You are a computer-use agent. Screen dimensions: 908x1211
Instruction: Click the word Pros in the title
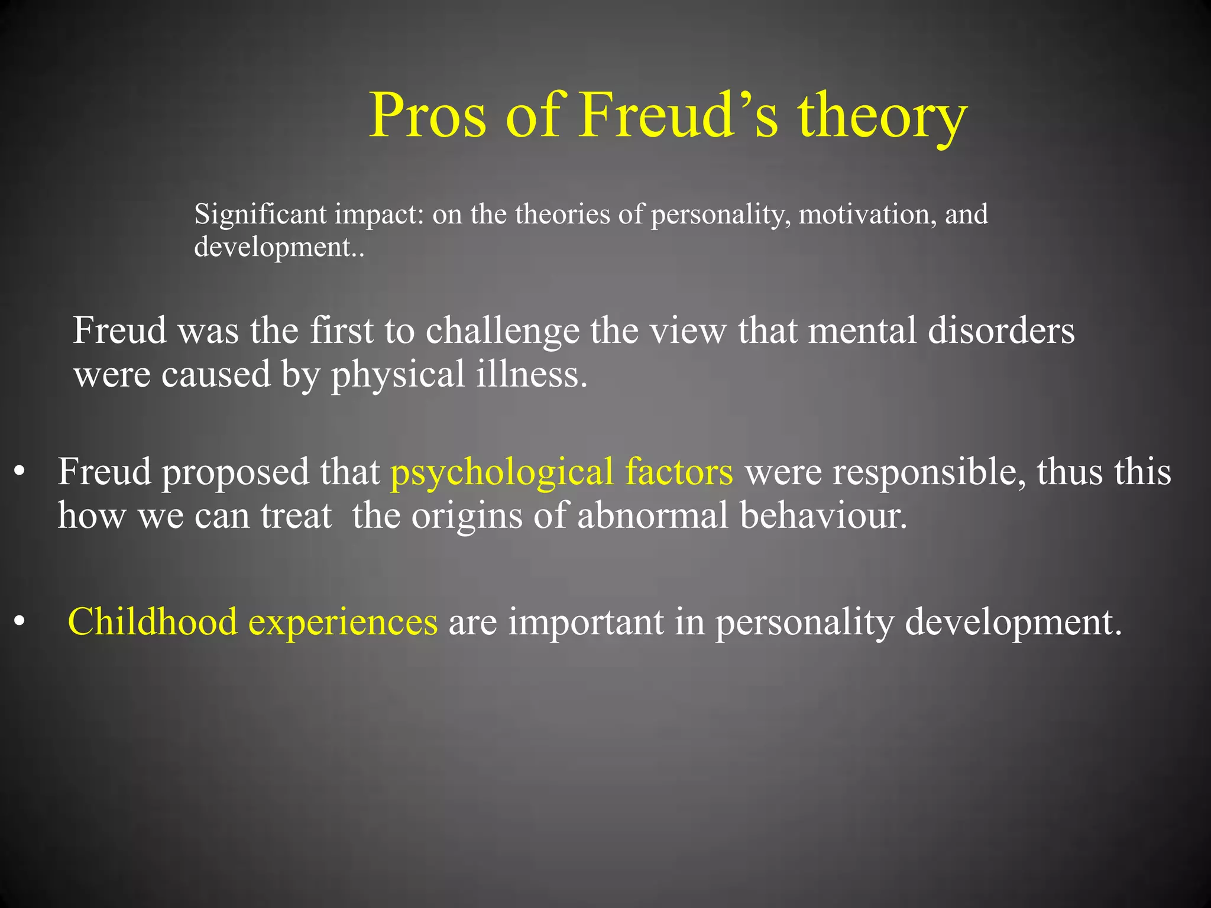click(428, 115)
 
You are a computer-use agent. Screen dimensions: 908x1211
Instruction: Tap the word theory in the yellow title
click(882, 116)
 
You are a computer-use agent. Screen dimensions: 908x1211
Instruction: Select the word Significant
click(261, 214)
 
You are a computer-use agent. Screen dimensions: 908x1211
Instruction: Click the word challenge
click(503, 331)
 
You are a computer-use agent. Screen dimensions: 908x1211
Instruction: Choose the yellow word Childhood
click(153, 622)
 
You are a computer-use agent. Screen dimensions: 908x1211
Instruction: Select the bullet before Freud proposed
click(21, 472)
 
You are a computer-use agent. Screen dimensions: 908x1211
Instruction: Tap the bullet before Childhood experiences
click(21, 622)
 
